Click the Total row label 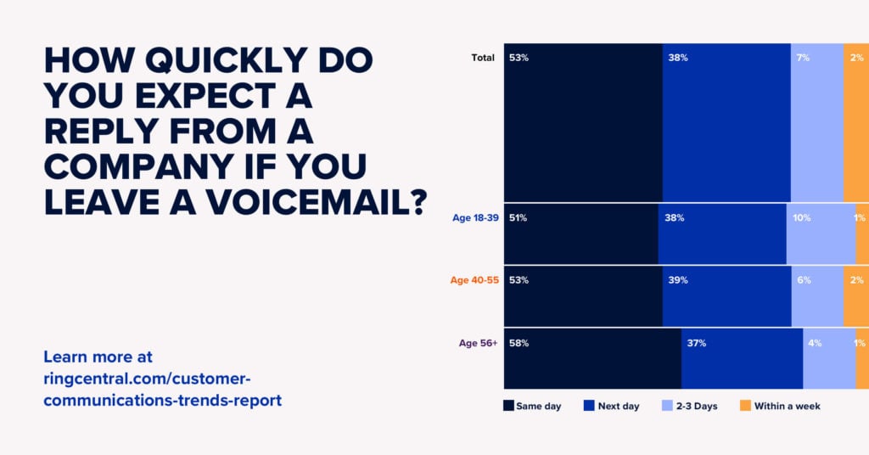pos(483,58)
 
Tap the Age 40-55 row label pos(474,280)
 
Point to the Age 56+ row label pos(478,343)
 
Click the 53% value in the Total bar pos(519,58)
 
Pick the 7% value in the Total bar pos(803,58)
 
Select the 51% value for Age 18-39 pos(519,218)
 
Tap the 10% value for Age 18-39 pos(802,218)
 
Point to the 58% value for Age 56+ pos(519,343)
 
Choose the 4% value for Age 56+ pos(815,343)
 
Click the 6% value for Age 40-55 pos(803,280)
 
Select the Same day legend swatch pos(508,406)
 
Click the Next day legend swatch pos(588,406)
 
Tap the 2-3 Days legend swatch pos(667,406)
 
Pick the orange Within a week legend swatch pos(746,406)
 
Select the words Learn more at pos(98,357)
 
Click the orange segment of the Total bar pos(856,127)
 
